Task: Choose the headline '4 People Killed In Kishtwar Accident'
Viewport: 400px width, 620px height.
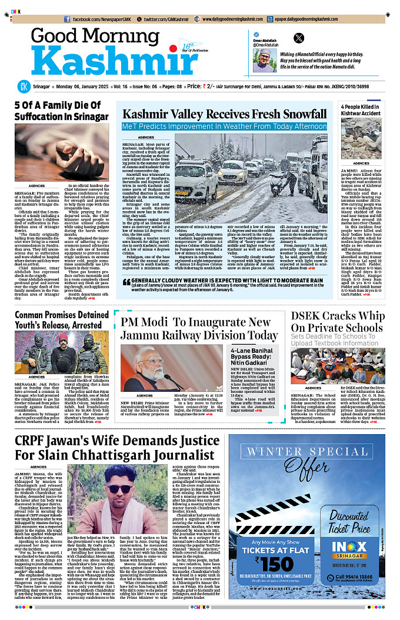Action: [x=359, y=109]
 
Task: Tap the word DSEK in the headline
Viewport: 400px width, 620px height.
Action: [x=310, y=315]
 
